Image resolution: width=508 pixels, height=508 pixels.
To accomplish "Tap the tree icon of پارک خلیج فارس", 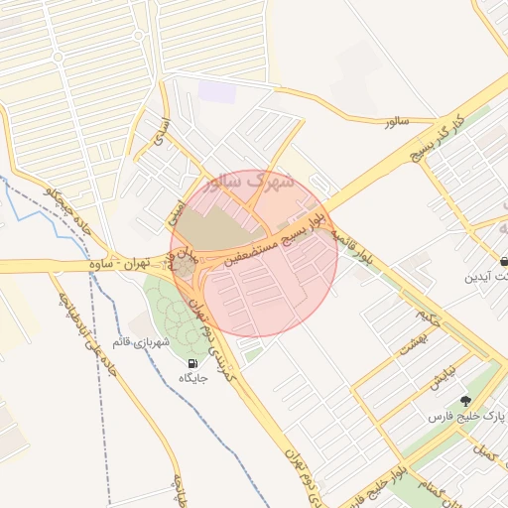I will point(465,401).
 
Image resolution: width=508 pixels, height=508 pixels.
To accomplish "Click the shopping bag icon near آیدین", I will point(504,261).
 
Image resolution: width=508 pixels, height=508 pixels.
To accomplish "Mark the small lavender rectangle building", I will point(217,91).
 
